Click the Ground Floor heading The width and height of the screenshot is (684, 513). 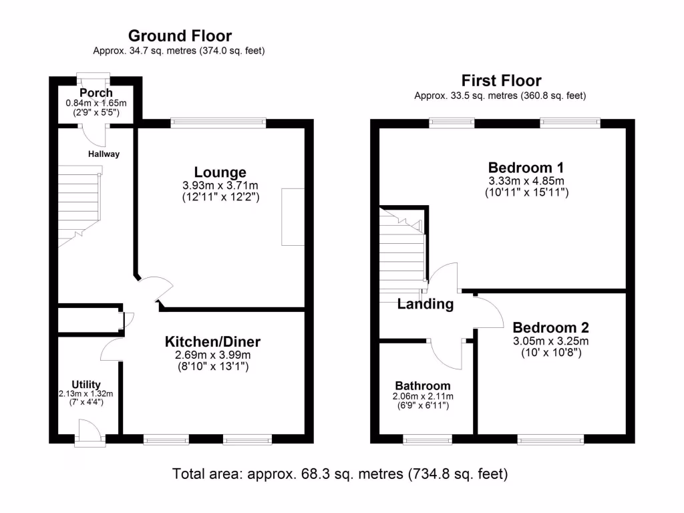180,36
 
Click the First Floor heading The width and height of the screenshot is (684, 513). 500,81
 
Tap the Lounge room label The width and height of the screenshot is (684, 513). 220,172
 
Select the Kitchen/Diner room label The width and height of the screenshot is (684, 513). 212,342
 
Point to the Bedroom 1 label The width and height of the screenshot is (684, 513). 525,167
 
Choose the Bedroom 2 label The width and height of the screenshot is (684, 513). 550,327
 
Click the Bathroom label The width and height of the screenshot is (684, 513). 422,386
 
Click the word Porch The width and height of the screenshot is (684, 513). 96,93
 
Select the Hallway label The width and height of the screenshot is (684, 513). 104,154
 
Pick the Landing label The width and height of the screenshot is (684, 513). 425,305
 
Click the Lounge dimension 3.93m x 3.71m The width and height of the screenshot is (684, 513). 220,185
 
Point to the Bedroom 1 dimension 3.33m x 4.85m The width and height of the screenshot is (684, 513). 525,180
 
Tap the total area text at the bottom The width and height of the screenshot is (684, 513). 341,474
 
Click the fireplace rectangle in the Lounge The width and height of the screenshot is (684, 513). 293,217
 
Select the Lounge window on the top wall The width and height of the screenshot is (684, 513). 218,123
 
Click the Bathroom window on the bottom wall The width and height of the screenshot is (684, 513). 427,439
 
